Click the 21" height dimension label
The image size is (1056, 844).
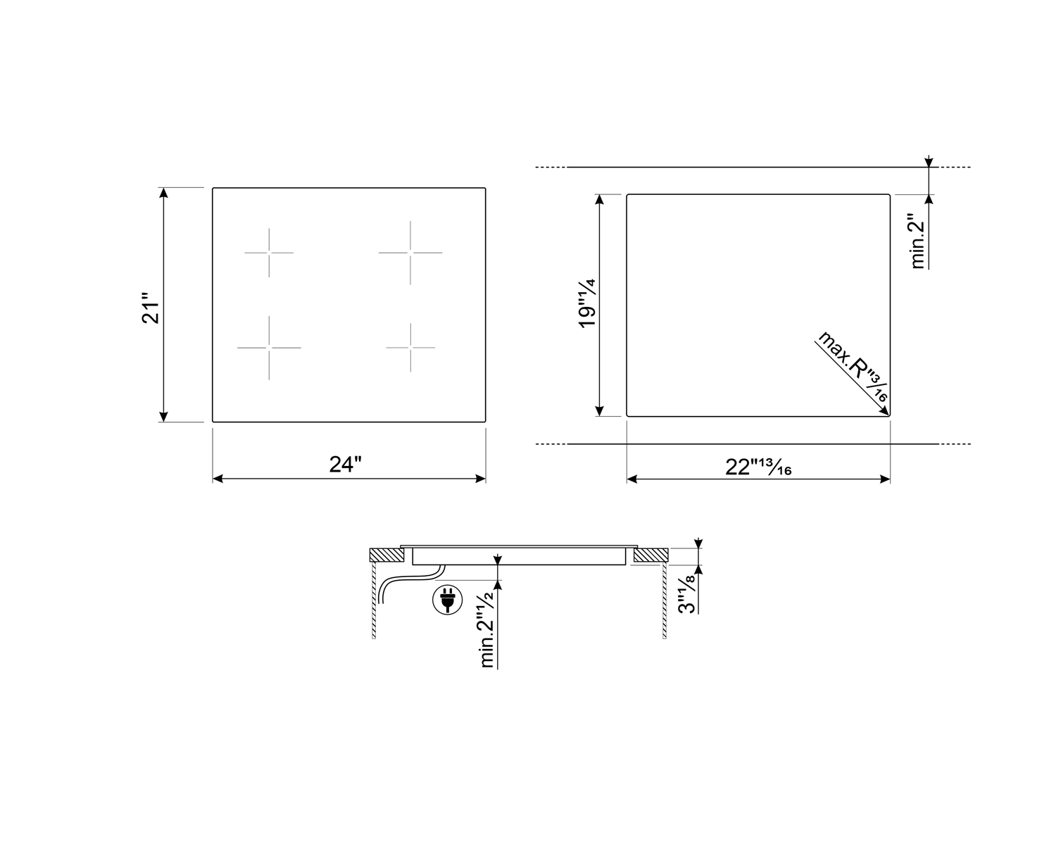click(x=151, y=308)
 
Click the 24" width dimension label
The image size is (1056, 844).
click(x=345, y=464)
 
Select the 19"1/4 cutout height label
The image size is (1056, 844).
click(x=587, y=303)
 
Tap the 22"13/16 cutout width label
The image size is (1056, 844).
click(x=758, y=467)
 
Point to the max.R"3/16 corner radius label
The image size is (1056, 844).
click(x=853, y=367)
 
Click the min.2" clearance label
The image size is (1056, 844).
click(x=917, y=241)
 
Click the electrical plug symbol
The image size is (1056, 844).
click(x=448, y=600)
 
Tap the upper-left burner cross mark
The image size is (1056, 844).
click(x=269, y=253)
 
